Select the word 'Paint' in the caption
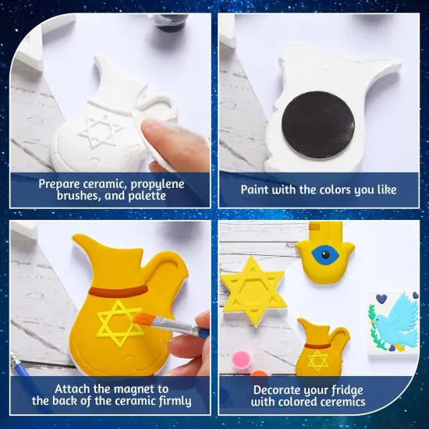click(258, 189)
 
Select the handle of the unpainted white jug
click(155, 105)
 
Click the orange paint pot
click(260, 374)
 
